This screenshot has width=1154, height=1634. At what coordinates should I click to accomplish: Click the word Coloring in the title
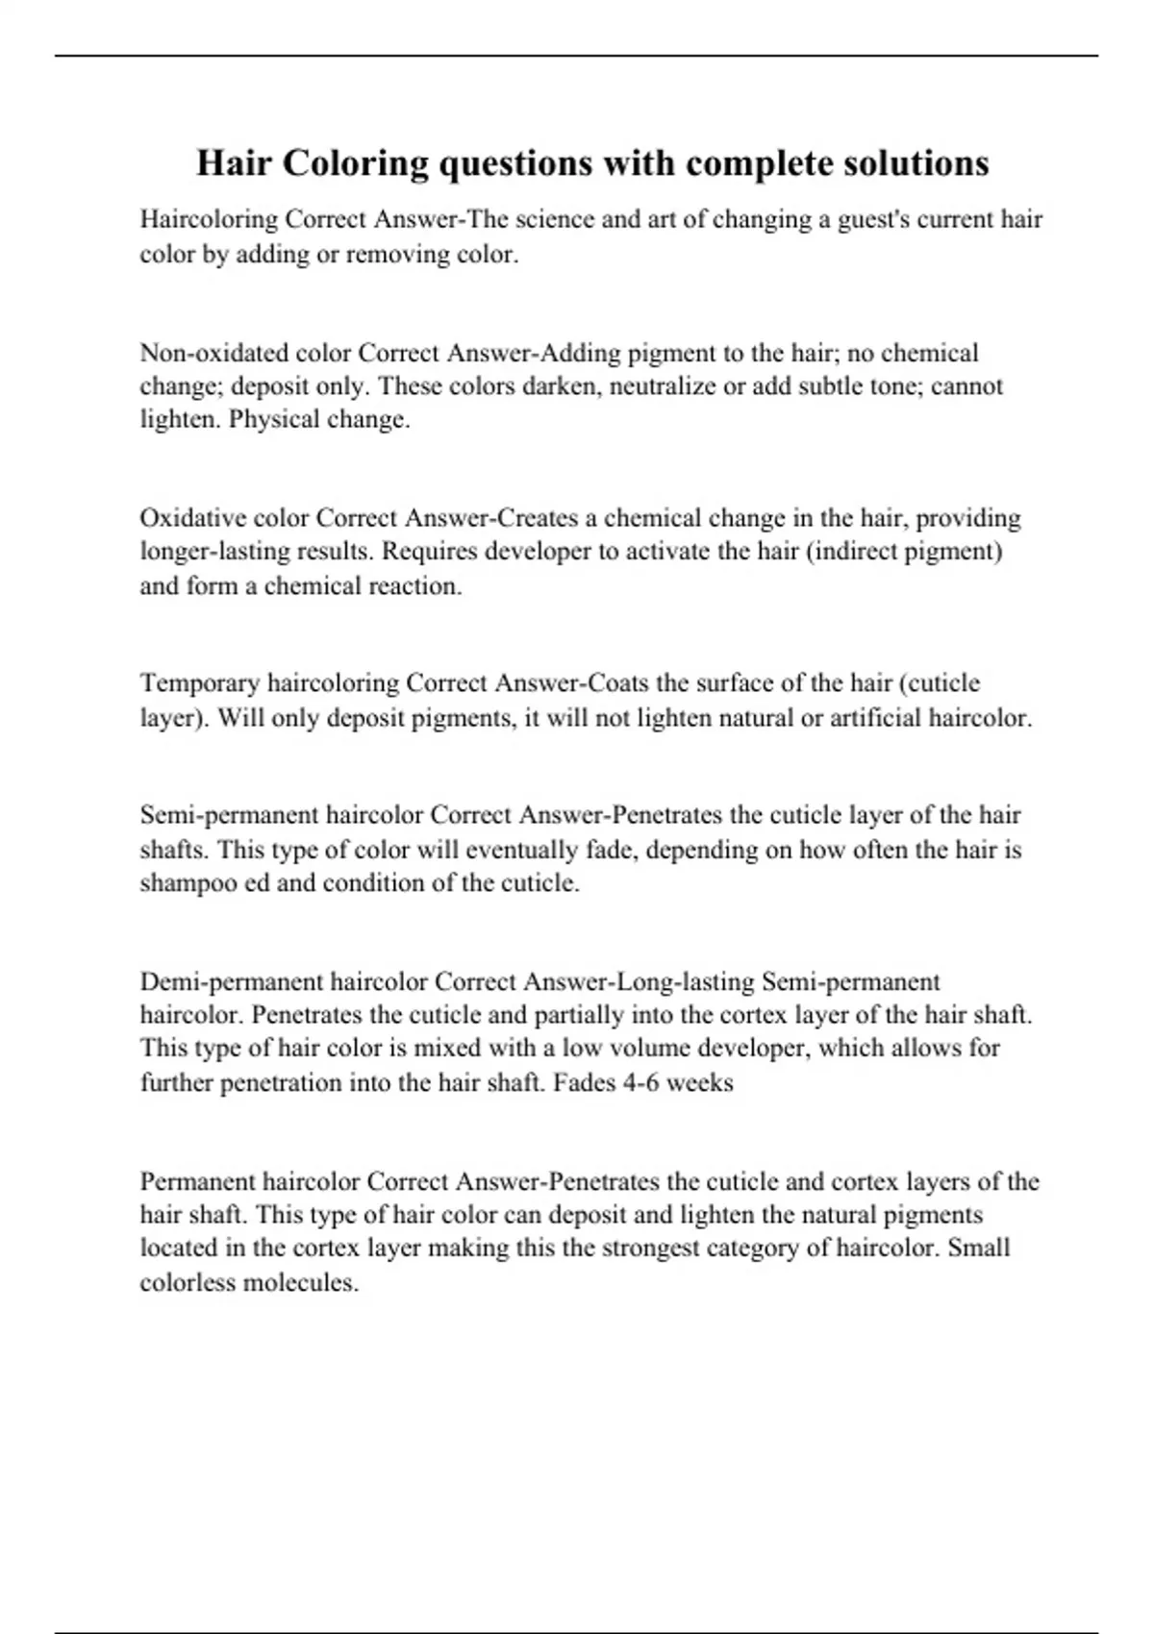[x=356, y=163]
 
